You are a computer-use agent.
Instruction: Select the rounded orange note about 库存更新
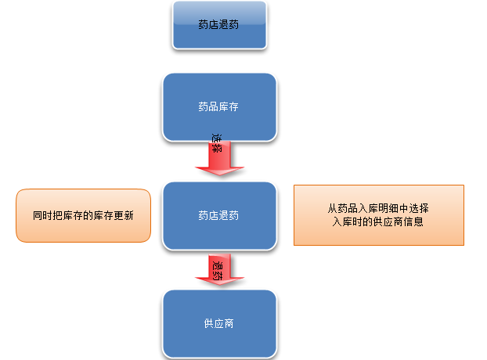point(83,215)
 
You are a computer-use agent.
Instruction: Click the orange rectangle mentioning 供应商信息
point(378,215)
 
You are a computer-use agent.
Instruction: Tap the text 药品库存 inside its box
point(218,107)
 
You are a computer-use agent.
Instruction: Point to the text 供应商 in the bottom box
point(218,323)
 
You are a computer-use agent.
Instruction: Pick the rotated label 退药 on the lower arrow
point(217,268)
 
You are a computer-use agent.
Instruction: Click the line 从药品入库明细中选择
point(378,209)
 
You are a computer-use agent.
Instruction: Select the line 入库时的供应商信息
point(378,221)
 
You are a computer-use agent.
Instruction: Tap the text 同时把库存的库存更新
point(82,215)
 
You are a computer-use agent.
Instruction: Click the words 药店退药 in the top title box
point(218,25)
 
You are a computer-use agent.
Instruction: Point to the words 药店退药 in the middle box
point(218,215)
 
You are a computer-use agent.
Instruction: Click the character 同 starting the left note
point(38,215)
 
